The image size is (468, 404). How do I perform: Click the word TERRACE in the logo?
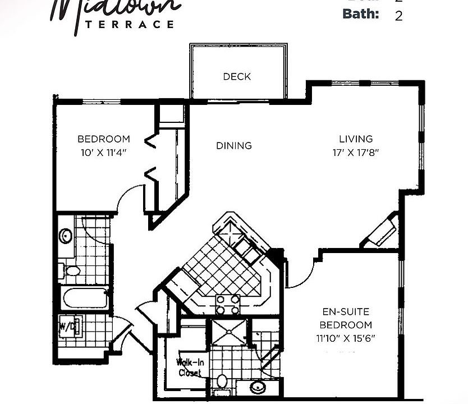[x=129, y=24]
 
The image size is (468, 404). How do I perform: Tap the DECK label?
[x=237, y=76]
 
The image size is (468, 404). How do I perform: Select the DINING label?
[x=234, y=146]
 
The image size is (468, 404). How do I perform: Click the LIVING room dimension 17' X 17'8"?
[x=356, y=153]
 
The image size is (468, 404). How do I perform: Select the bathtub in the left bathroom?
[x=85, y=297]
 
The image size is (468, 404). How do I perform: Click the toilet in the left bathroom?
[x=71, y=270]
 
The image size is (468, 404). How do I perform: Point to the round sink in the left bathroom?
[x=66, y=236]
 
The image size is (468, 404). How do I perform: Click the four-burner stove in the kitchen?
[x=228, y=305]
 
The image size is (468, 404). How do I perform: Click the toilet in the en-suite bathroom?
[x=222, y=382]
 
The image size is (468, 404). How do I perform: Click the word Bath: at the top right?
[x=361, y=13]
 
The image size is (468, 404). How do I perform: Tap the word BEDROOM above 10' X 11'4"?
[x=104, y=139]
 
